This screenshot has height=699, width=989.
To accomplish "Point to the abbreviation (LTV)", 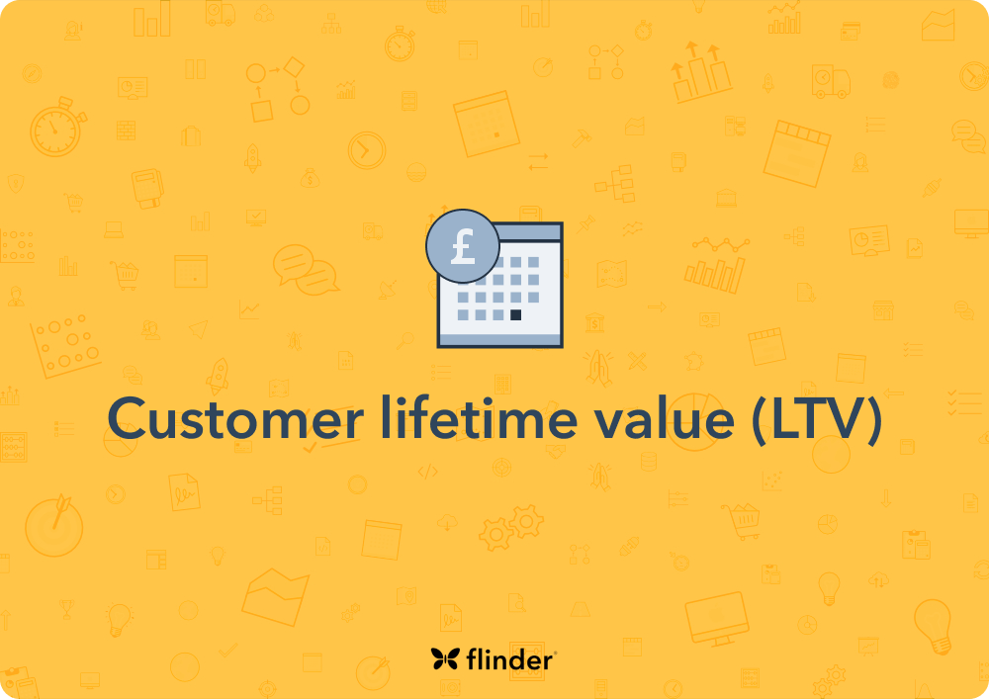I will pyautogui.click(x=816, y=419).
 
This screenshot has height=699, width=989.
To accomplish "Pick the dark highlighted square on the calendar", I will pyautogui.click(x=515, y=315).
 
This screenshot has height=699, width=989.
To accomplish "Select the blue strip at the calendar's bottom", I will pyautogui.click(x=500, y=340).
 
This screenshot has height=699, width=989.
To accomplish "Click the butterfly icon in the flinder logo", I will pyautogui.click(x=444, y=659).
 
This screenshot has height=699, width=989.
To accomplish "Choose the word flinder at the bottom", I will pyautogui.click(x=506, y=659).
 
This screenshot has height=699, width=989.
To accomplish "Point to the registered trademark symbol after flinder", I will pyautogui.click(x=555, y=653).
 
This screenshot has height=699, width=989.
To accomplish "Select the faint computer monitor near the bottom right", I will pyautogui.click(x=717, y=615).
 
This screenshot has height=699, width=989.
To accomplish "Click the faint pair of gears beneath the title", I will pyautogui.click(x=512, y=526).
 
